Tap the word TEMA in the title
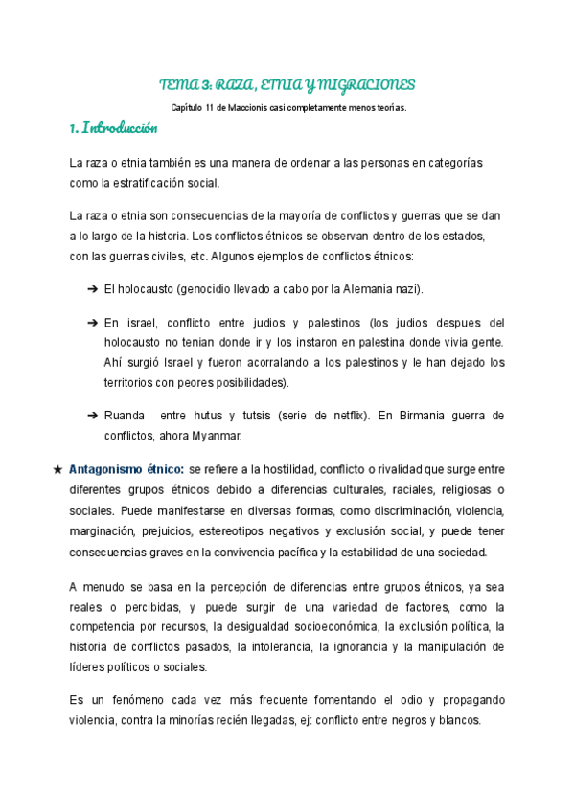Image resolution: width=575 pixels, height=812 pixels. [x=176, y=83]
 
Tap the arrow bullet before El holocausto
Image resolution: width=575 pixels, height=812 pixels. [x=93, y=288]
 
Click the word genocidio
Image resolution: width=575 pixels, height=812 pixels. [x=191, y=288]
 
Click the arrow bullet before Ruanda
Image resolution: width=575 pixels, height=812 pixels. [x=93, y=415]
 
